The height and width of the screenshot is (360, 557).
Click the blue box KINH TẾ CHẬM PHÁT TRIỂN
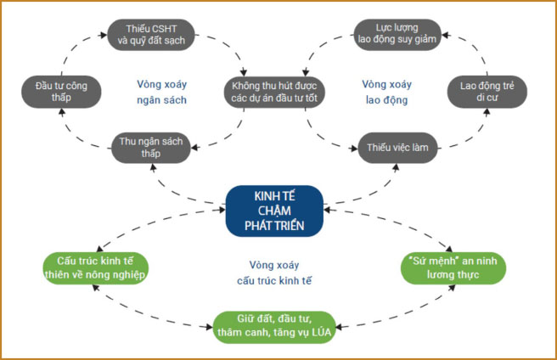click(x=274, y=210)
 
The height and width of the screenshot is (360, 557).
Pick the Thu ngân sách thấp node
click(x=150, y=147)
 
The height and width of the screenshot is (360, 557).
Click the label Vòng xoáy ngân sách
click(x=161, y=92)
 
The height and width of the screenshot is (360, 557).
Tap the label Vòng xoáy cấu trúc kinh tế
click(x=274, y=272)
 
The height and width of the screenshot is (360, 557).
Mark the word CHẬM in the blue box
click(x=274, y=210)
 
